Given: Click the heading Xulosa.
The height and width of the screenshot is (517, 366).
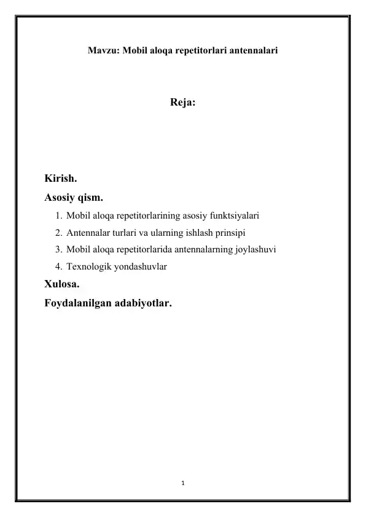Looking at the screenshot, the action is click(x=61, y=284).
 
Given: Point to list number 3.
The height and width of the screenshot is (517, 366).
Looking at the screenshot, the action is click(x=56, y=250).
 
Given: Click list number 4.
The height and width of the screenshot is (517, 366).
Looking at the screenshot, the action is click(x=56, y=266).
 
